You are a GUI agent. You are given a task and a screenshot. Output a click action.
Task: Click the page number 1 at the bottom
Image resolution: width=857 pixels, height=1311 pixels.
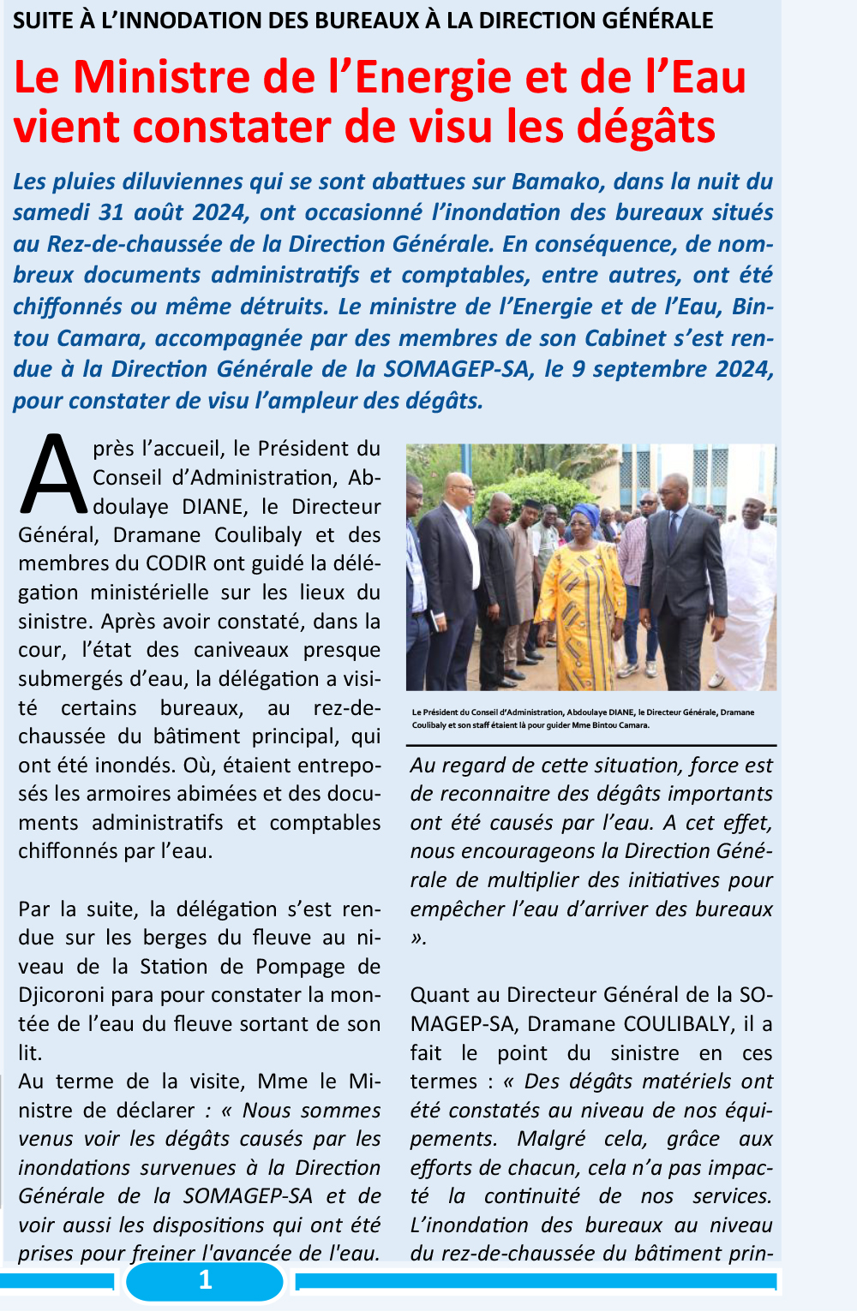tap(205, 1280)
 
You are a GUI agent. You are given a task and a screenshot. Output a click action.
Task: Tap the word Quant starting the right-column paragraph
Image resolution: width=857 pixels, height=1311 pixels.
tap(440, 995)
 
